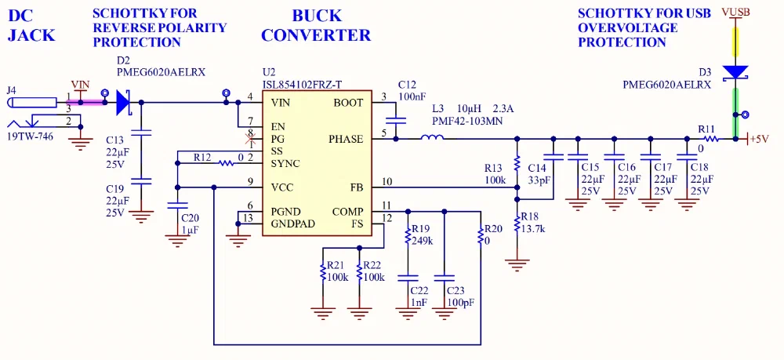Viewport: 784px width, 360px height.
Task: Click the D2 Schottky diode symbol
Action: coord(123,102)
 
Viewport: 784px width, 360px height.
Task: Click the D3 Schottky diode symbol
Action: coord(735,72)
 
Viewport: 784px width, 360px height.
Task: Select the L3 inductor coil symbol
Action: coord(432,140)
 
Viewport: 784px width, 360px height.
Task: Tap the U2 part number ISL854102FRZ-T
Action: coord(302,85)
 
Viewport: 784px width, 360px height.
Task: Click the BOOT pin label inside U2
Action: coord(348,103)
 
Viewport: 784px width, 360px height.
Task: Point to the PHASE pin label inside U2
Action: coord(346,140)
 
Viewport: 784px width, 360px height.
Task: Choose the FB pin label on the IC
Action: coord(356,187)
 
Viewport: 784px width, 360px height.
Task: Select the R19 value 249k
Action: coord(422,241)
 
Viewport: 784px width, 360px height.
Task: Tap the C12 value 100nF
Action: coord(412,96)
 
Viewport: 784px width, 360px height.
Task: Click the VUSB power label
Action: coord(735,13)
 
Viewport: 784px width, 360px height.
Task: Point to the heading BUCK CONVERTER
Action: coord(316,25)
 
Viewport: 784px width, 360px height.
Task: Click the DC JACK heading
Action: coord(31,25)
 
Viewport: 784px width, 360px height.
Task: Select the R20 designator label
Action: coord(493,229)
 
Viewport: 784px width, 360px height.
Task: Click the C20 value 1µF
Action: coord(190,230)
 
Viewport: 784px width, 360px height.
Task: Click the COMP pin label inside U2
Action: coord(347,212)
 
